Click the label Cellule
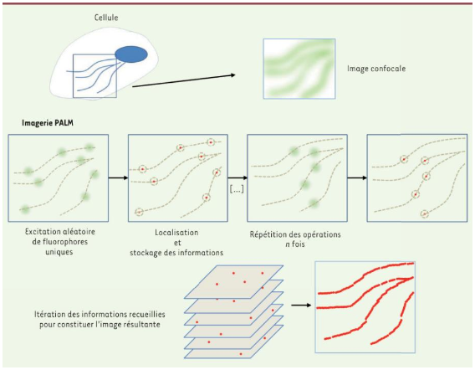(x=106, y=18)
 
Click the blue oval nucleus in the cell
(x=131, y=54)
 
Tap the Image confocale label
(x=376, y=69)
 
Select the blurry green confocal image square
(x=299, y=69)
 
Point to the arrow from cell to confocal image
(x=184, y=80)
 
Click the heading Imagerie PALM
(x=48, y=123)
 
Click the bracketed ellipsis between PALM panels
(x=237, y=190)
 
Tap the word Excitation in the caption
(x=42, y=232)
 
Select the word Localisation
(x=177, y=233)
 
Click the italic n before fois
(x=288, y=244)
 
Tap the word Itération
(x=49, y=314)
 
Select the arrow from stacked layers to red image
(x=301, y=305)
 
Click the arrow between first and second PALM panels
(x=118, y=177)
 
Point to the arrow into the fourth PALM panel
(x=357, y=177)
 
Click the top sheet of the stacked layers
(x=233, y=282)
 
